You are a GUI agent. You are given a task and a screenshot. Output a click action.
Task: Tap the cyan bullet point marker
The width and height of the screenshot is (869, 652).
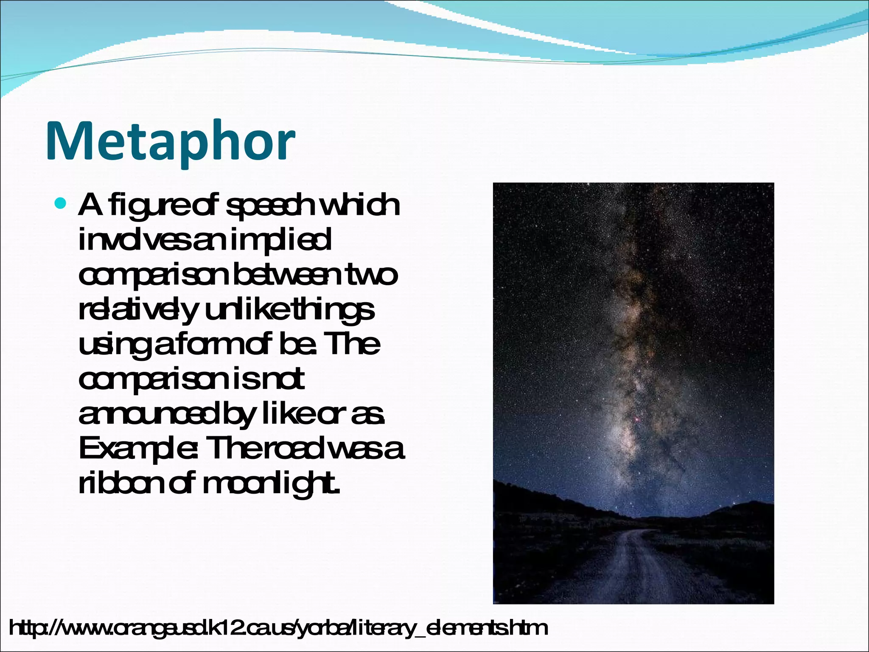click(x=61, y=203)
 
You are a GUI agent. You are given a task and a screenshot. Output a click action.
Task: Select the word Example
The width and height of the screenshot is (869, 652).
click(x=137, y=450)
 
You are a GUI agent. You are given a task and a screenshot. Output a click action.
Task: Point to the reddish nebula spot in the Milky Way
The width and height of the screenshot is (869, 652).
click(x=636, y=419)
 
